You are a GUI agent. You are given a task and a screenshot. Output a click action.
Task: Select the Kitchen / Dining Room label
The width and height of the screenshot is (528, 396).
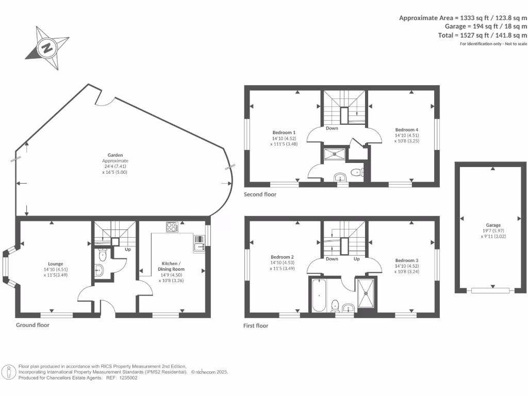pyautogui.click(x=171, y=266)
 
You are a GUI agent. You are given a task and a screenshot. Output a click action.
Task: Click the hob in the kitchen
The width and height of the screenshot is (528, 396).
pyautogui.click(x=172, y=227)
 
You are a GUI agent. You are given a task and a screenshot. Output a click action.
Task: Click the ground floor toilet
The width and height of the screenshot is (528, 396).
pyautogui.click(x=102, y=254)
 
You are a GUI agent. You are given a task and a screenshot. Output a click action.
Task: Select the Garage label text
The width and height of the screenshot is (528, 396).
pyautogui.click(x=493, y=225)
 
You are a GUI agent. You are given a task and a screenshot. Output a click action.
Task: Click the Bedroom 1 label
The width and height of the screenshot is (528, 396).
pyautogui.click(x=283, y=132)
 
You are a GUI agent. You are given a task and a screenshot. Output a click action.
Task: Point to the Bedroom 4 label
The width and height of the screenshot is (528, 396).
pyautogui.click(x=406, y=129)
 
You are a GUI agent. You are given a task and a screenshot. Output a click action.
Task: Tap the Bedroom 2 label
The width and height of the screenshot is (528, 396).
pyautogui.click(x=283, y=257)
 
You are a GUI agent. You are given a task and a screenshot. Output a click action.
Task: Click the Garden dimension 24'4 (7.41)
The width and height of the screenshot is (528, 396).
pyautogui.click(x=114, y=167)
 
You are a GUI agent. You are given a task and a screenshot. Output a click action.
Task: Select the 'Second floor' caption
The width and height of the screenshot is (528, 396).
pyautogui.click(x=260, y=194)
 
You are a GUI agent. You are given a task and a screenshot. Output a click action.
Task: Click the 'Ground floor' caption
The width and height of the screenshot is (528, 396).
pyautogui.click(x=32, y=325)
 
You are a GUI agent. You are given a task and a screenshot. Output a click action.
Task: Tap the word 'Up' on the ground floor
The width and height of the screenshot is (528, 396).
pyautogui.click(x=127, y=250)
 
